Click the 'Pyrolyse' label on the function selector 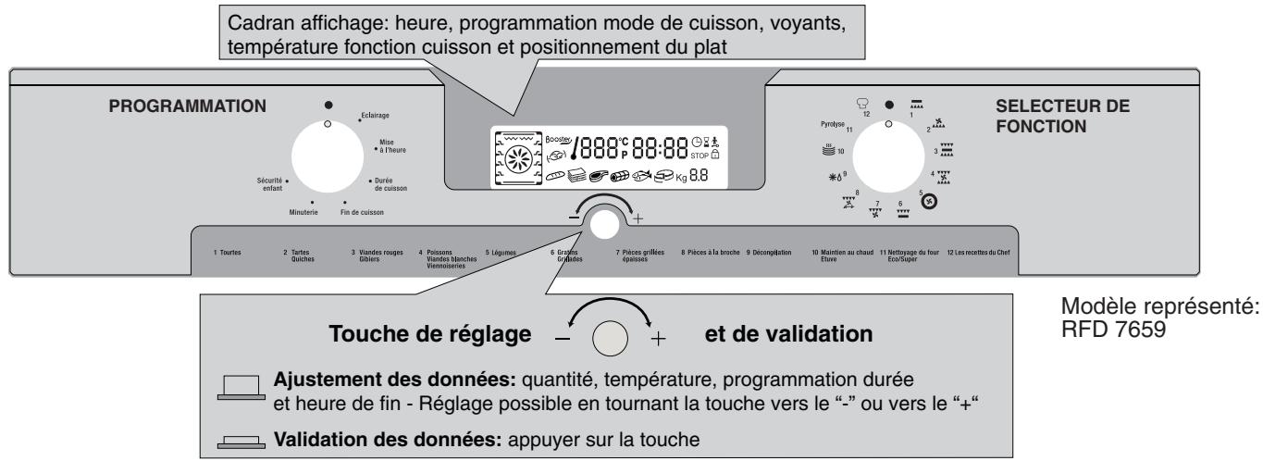pos(829,122)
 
